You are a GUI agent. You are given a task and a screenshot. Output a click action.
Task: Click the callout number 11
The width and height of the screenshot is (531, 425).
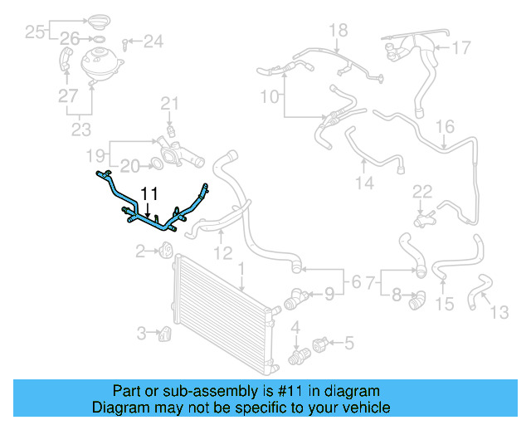[x=149, y=194]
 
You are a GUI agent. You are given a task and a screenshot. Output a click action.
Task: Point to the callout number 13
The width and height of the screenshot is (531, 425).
[x=500, y=312]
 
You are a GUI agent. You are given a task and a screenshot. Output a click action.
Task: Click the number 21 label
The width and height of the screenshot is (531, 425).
[x=169, y=104]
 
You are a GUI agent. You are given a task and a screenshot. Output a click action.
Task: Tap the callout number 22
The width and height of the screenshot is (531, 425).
[x=422, y=192]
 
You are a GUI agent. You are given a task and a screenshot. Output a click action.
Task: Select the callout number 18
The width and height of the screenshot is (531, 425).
[x=338, y=32]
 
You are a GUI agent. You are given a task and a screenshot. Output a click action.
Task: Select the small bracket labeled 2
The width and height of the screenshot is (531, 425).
[x=165, y=249]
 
